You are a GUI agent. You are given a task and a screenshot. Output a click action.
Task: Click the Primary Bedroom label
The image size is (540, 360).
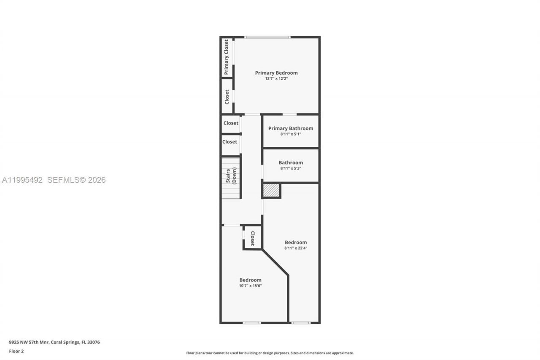[x=276, y=73]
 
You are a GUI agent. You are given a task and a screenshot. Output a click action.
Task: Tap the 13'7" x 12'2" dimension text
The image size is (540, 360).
[x=276, y=78]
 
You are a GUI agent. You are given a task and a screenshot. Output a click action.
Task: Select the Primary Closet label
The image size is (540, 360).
[x=227, y=57]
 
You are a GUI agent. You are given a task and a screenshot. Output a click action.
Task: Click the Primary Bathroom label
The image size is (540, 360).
[x=291, y=128]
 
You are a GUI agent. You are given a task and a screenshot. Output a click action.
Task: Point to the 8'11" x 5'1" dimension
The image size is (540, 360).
[x=291, y=134]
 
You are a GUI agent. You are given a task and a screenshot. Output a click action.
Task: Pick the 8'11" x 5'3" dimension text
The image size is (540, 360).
[x=291, y=168]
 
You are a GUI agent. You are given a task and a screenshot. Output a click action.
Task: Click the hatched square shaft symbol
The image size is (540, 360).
[x=271, y=190]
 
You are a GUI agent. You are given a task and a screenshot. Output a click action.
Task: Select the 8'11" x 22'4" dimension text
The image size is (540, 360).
[x=295, y=248]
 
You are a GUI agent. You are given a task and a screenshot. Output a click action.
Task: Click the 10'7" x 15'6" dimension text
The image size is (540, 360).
[x=250, y=286]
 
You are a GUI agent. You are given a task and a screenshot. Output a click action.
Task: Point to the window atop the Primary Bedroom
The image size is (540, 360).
[x=267, y=37]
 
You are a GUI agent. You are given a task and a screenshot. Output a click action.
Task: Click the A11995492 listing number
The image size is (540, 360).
[x=22, y=180]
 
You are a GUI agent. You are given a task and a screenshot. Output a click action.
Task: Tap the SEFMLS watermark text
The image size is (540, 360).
[x=76, y=180]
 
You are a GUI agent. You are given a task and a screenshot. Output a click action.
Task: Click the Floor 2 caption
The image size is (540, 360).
[x=16, y=351]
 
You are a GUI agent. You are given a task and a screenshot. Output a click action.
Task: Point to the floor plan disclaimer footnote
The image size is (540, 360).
[x=270, y=353]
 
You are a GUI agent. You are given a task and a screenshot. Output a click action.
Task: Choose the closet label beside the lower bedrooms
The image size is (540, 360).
[x=253, y=238]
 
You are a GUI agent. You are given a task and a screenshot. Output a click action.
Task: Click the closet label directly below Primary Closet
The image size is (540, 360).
[x=227, y=97]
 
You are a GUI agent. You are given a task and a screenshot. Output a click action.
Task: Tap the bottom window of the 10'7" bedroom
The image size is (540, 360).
[x=251, y=323]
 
